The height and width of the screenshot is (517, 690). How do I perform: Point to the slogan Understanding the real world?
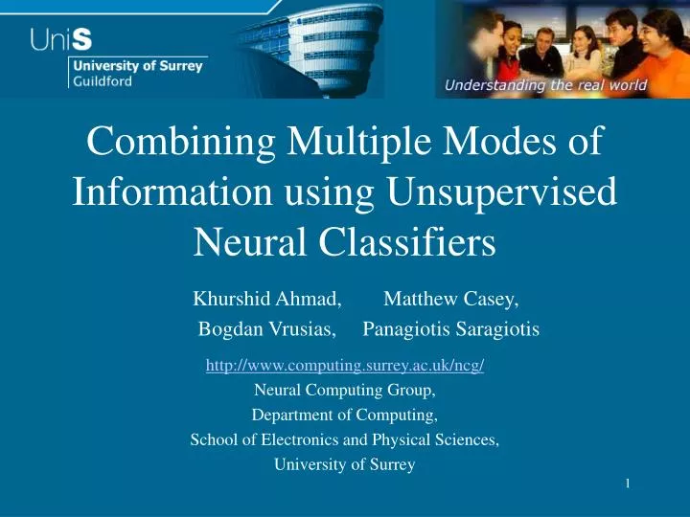545,86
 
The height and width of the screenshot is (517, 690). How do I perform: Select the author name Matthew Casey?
450,300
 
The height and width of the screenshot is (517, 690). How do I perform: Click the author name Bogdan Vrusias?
266,330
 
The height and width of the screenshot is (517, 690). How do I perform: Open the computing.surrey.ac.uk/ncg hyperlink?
345,365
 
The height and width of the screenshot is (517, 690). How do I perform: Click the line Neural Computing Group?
345,390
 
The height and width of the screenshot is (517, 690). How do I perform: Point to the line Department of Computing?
345,415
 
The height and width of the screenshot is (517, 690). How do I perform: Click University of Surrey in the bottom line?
345,465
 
